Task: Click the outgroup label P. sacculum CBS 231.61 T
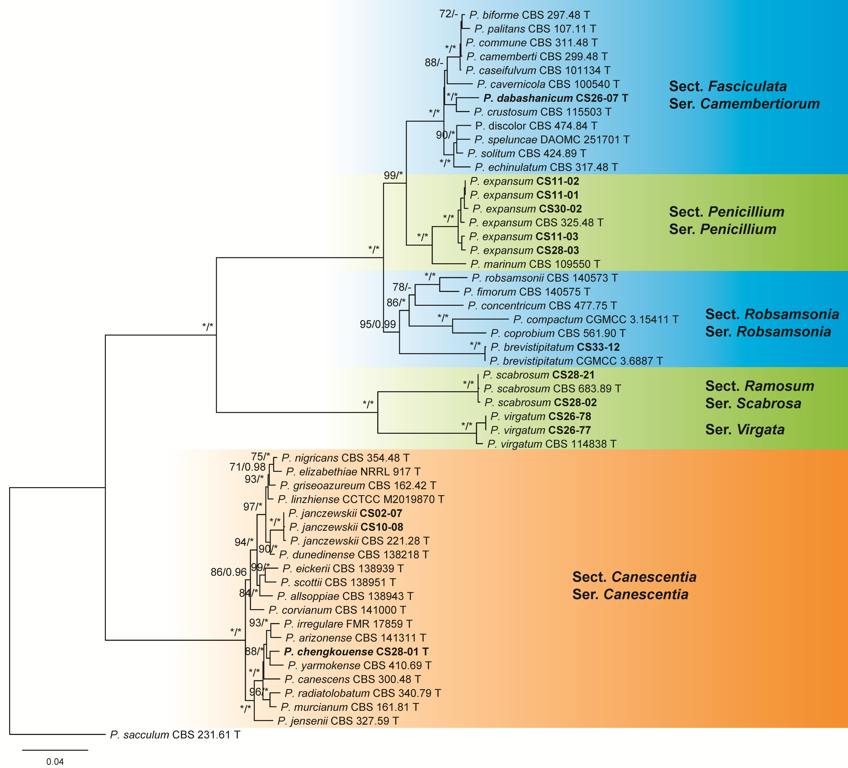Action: pyautogui.click(x=175, y=735)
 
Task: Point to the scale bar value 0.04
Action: pyautogui.click(x=55, y=762)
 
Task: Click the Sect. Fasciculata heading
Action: pyautogui.click(x=728, y=86)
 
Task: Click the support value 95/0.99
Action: pyautogui.click(x=377, y=324)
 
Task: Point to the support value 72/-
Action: pyautogui.click(x=448, y=14)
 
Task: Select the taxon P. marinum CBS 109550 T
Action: pyautogui.click(x=535, y=264)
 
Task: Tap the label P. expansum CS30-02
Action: pyautogui.click(x=527, y=209)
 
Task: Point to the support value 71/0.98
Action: pyautogui.click(x=247, y=467)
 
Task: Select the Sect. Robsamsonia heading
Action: pyautogui.click(x=772, y=314)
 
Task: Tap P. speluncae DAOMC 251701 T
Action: pyautogui.click(x=552, y=140)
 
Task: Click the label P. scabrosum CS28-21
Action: pyautogui.click(x=538, y=375)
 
